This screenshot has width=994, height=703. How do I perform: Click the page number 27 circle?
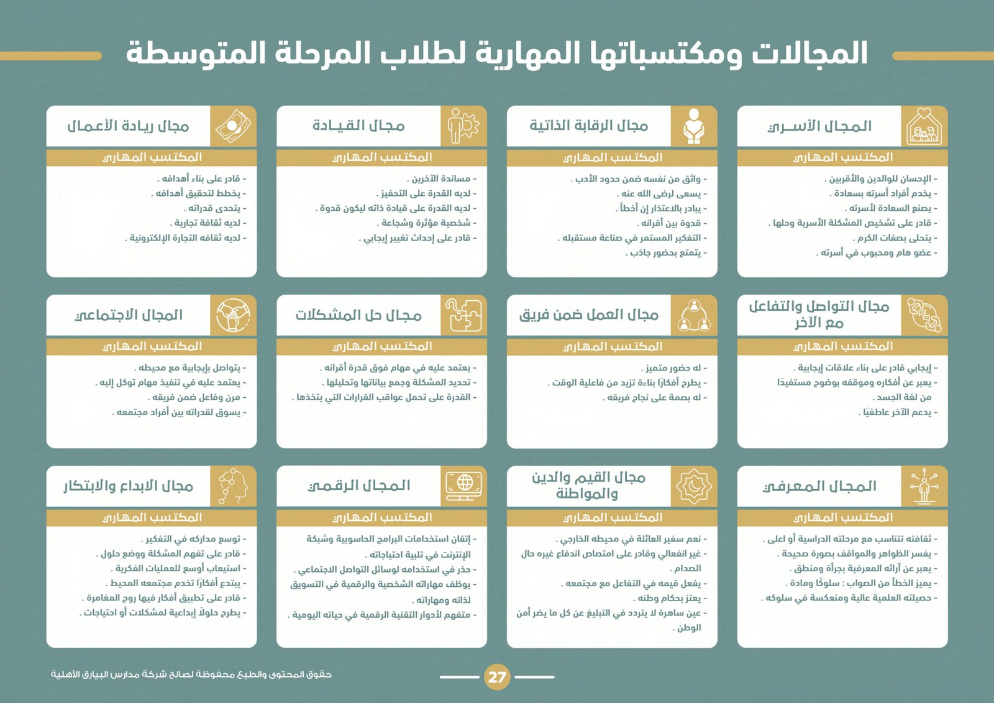pos(497,677)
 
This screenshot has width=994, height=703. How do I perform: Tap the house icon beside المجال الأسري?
pos(924,126)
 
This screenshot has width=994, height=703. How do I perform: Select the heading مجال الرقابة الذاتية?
pos(588,126)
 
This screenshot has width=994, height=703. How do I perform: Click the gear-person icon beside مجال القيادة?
pos(463,126)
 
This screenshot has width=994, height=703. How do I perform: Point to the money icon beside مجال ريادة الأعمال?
pos(233,126)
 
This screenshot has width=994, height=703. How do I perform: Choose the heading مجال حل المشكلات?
pos(358,316)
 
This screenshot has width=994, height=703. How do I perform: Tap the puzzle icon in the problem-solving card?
pos(463,315)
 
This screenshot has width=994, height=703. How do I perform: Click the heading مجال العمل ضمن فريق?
pos(588,315)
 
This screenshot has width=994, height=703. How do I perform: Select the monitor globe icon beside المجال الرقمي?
pos(463,485)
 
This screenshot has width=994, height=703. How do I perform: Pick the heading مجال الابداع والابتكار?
pos(129,486)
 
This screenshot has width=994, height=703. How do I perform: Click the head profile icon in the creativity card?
pos(233,486)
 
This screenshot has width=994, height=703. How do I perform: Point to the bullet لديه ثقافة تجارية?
pos(207,223)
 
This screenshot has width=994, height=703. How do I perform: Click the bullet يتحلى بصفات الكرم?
pos(895,238)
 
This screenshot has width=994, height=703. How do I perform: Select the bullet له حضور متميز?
pos(673,368)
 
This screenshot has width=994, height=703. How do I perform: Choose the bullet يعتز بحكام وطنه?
pos(668,598)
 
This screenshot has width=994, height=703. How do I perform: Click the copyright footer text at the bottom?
pos(191,674)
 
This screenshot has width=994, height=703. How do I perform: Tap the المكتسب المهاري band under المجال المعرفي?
pos(842,518)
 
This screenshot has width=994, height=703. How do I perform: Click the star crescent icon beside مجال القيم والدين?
pos(694,486)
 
